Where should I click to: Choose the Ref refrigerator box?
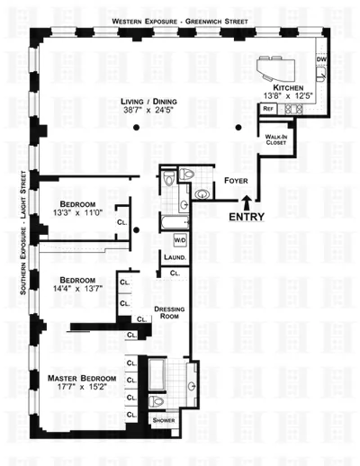click(x=267, y=108)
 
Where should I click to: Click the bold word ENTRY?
click(x=247, y=217)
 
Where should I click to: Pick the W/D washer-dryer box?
click(x=179, y=241)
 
